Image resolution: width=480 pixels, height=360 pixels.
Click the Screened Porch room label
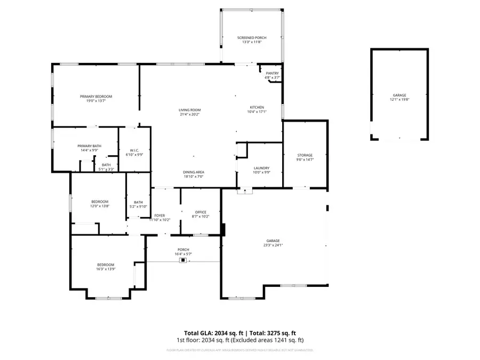pos(252,38)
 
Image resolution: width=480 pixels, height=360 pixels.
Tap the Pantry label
pos(273,74)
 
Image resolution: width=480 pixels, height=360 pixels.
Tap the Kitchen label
pos(256,107)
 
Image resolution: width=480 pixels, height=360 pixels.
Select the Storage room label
pos(305,155)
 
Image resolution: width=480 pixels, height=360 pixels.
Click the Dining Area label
pos(194,172)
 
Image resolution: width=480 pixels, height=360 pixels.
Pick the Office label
pos(201,212)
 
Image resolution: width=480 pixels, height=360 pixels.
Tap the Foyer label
pos(160,215)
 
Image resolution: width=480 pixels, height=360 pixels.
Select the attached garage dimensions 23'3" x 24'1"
pos(273,245)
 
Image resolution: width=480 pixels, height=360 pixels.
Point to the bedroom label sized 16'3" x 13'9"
pos(105,265)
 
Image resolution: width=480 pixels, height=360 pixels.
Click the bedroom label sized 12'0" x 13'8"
pos(99,201)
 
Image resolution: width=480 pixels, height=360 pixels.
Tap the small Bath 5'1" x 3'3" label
pos(107,165)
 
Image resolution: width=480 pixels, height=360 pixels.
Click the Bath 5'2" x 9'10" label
pos(139,202)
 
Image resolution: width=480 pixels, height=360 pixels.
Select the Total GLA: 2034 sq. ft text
pos(205,332)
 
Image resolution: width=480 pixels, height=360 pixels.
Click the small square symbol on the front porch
pos(183,261)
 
